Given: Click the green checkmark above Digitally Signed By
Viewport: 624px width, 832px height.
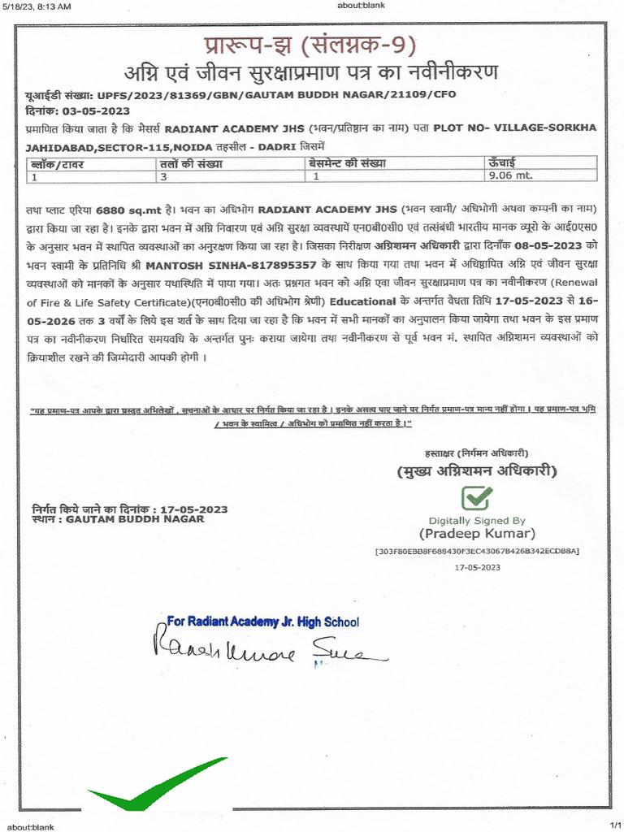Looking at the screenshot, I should click(476, 498).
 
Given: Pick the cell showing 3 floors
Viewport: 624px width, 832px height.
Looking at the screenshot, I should click(163, 175).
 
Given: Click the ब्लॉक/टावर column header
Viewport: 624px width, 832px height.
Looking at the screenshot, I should click(58, 164).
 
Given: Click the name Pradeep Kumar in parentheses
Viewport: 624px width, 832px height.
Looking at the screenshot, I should click(477, 534).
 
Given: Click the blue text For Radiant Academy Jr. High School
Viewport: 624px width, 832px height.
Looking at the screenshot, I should click(262, 622).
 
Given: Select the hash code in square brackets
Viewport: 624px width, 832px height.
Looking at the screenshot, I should click(477, 551).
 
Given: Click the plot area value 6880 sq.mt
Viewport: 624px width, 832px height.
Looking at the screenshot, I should click(130, 209).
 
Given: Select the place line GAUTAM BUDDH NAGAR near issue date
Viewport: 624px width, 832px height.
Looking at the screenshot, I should click(135, 518).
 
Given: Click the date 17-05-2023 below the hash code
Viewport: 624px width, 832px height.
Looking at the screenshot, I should click(477, 567).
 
